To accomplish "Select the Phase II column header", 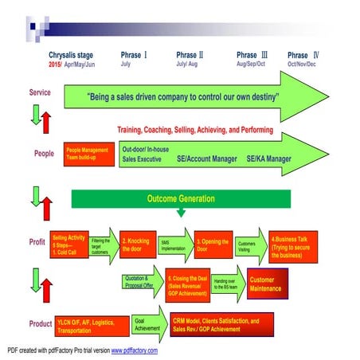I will point(190,55).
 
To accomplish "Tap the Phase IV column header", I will point(303,55).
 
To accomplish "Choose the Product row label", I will point(41,323).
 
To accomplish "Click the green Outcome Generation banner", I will point(181,198).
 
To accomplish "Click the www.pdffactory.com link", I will point(134,350).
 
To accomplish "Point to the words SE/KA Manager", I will point(268,158).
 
